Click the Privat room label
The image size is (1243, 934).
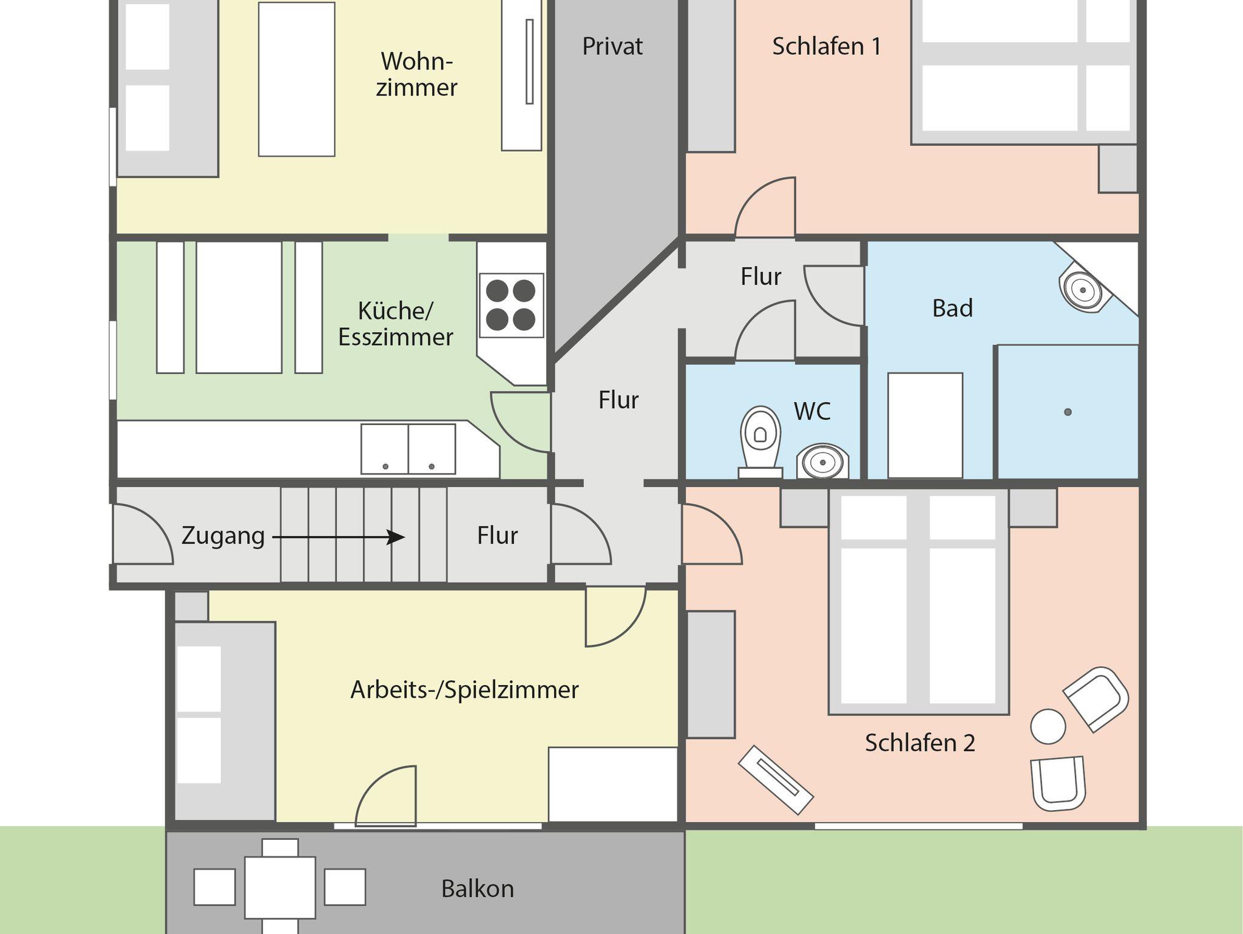pos(612,46)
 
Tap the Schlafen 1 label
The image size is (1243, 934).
pos(826,46)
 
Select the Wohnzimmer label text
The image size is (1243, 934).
pos(416,74)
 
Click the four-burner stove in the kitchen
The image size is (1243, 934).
pos(511,305)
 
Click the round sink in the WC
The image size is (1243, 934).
pos(822,462)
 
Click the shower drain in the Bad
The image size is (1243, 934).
pos(1068,412)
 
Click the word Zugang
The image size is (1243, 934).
pos(223,536)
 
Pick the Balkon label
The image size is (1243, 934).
pos(477,888)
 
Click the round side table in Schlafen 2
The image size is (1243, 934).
pos(1048,726)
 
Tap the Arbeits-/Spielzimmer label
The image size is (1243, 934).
pos(464,690)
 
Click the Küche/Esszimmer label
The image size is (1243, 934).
pos(395,324)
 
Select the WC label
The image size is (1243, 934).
pos(811,411)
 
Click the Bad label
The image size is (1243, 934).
pos(952,308)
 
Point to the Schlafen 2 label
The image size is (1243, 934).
pos(920,743)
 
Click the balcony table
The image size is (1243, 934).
pos(280,887)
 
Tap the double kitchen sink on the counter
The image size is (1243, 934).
pos(408,449)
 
